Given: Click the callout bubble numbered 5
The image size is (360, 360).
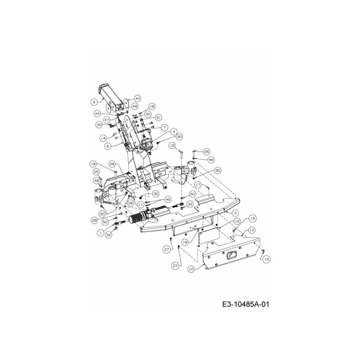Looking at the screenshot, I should pyautogui.click(x=94, y=101).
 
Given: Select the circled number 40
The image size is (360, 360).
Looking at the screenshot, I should pyautogui.click(x=137, y=99).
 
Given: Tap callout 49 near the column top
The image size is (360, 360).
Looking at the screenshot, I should pyautogui.click(x=135, y=106).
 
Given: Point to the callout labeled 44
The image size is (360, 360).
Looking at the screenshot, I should pyautogui.click(x=97, y=113).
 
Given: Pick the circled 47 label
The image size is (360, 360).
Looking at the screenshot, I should pyautogui.click(x=107, y=120).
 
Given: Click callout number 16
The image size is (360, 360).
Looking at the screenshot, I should pyautogui.click(x=152, y=106).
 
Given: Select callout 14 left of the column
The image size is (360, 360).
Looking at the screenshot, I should pyautogui.click(x=103, y=137).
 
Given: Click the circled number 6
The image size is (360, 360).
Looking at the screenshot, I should pyautogui.click(x=108, y=146).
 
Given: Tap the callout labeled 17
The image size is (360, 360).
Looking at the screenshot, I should pyautogui.click(x=198, y=184).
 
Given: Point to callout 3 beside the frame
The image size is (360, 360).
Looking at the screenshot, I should pyautogui.click(x=235, y=212).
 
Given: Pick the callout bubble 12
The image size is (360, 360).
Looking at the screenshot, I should pyautogui.click(x=237, y=222).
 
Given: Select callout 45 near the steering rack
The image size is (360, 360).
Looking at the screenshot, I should pyautogui.click(x=167, y=199).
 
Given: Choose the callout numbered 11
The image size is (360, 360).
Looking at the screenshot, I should pyautogui.click(x=141, y=203).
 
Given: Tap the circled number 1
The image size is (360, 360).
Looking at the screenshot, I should pyautogui.click(x=99, y=232).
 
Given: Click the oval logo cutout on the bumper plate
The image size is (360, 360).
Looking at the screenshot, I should pyautogui.click(x=231, y=255).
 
